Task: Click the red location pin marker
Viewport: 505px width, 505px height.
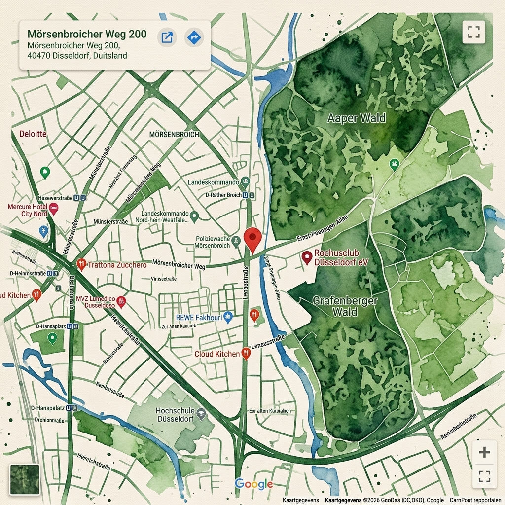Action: pyautogui.click(x=252, y=239)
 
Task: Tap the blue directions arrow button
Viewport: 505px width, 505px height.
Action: pyautogui.click(x=194, y=37)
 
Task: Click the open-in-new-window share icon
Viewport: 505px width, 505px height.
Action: pyautogui.click(x=167, y=37)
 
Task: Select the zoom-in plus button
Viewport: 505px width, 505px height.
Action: pyautogui.click(x=484, y=452)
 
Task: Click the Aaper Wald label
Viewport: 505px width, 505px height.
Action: pyautogui.click(x=357, y=118)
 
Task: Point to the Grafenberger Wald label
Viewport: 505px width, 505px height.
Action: pyautogui.click(x=345, y=306)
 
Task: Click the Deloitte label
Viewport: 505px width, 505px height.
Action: pyautogui.click(x=33, y=134)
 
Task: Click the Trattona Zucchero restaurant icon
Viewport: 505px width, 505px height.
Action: pyautogui.click(x=81, y=264)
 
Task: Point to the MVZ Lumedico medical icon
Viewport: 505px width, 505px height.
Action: pyautogui.click(x=121, y=301)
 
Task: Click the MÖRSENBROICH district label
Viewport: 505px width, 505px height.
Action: pyautogui.click(x=174, y=134)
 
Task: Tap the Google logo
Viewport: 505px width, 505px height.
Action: pyautogui.click(x=253, y=484)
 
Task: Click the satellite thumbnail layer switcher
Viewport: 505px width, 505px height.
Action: pyautogui.click(x=24, y=479)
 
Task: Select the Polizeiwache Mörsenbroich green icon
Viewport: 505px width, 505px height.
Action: pyautogui.click(x=236, y=241)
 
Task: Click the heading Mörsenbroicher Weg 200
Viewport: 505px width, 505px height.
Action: pyautogui.click(x=87, y=34)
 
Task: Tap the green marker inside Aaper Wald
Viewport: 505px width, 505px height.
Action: pyautogui.click(x=394, y=164)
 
